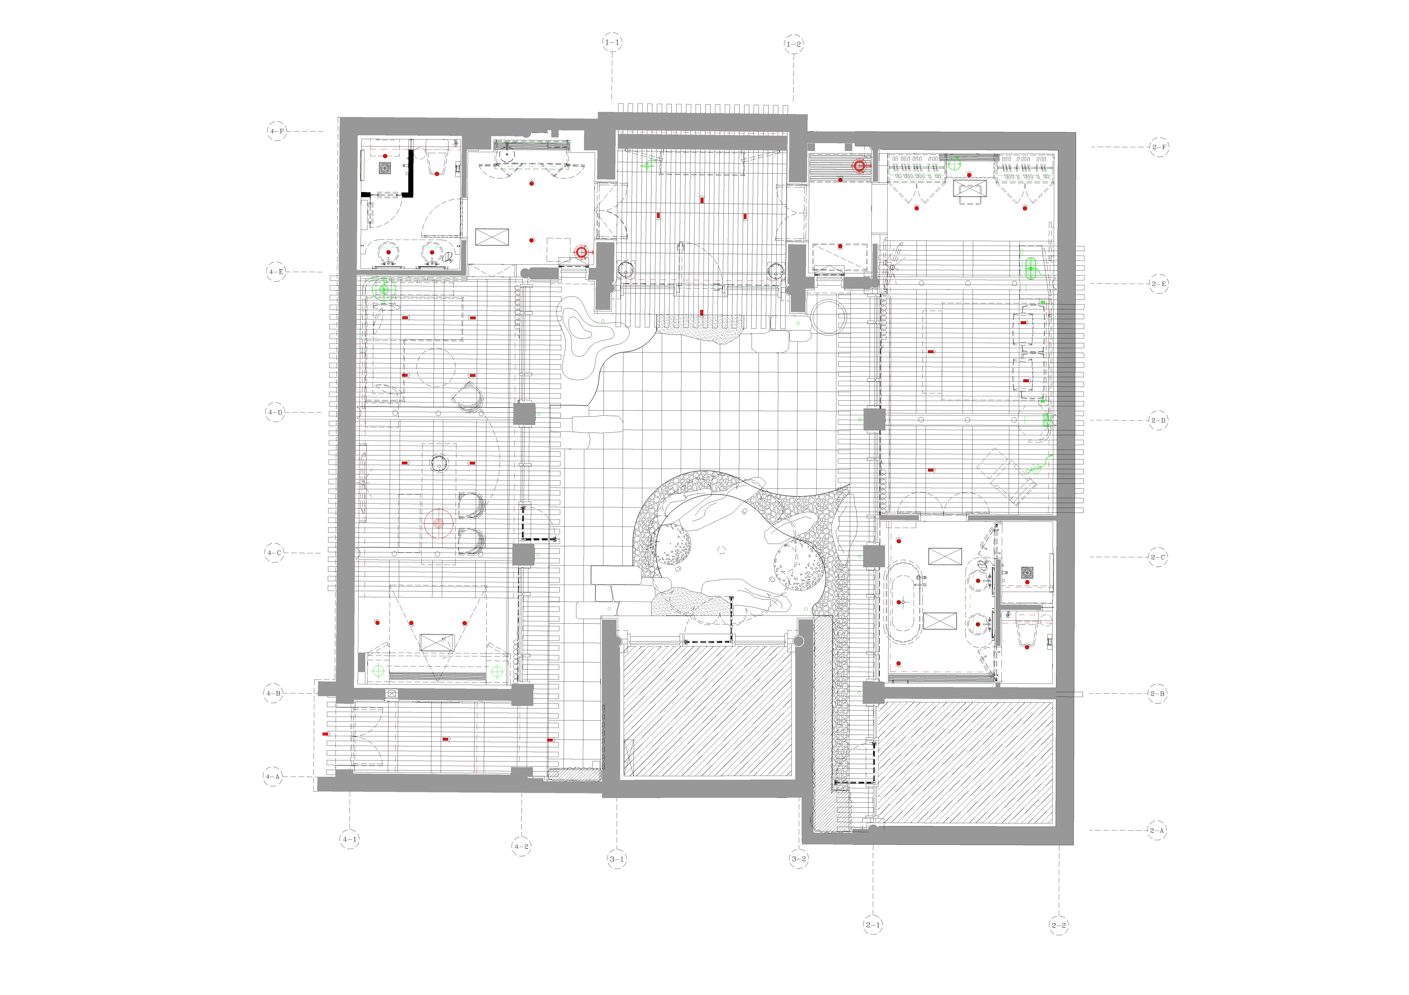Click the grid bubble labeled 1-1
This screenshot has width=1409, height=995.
612,43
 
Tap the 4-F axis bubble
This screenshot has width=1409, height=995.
277,131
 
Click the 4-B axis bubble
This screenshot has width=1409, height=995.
274,694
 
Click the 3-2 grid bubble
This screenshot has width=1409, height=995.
798,859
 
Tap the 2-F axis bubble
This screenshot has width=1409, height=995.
1159,147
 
